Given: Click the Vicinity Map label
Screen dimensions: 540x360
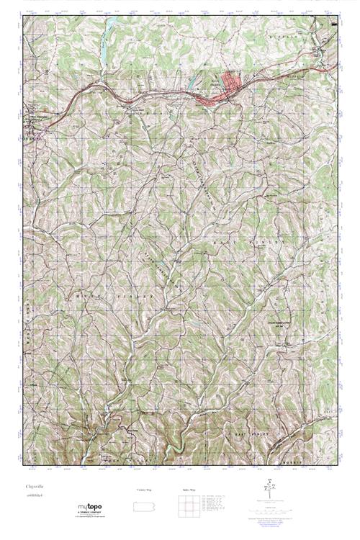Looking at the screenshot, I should point(144,489).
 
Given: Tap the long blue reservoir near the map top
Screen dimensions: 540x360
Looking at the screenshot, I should point(105,47).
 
